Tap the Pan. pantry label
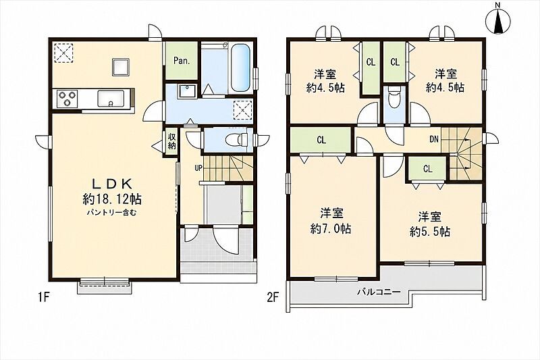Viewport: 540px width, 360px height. click(181, 61)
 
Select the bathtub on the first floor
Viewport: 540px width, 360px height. click(240, 68)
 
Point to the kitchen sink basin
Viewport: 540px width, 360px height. click(110, 98)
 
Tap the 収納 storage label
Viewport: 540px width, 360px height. click(171, 141)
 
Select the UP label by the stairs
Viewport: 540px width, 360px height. click(198, 168)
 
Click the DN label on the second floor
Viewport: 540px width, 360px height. click(434, 140)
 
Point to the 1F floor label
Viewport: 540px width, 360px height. click(43, 297)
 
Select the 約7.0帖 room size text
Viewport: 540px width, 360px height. click(331, 229)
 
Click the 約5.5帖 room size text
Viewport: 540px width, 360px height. click(430, 232)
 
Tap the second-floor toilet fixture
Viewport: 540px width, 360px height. click(394, 97)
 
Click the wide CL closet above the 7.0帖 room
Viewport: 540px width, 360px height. click(321, 140)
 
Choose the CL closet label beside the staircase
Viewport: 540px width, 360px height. click(428, 169)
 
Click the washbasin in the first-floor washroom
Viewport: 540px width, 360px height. click(187, 91)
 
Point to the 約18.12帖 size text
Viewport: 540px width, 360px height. click(112, 199)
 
